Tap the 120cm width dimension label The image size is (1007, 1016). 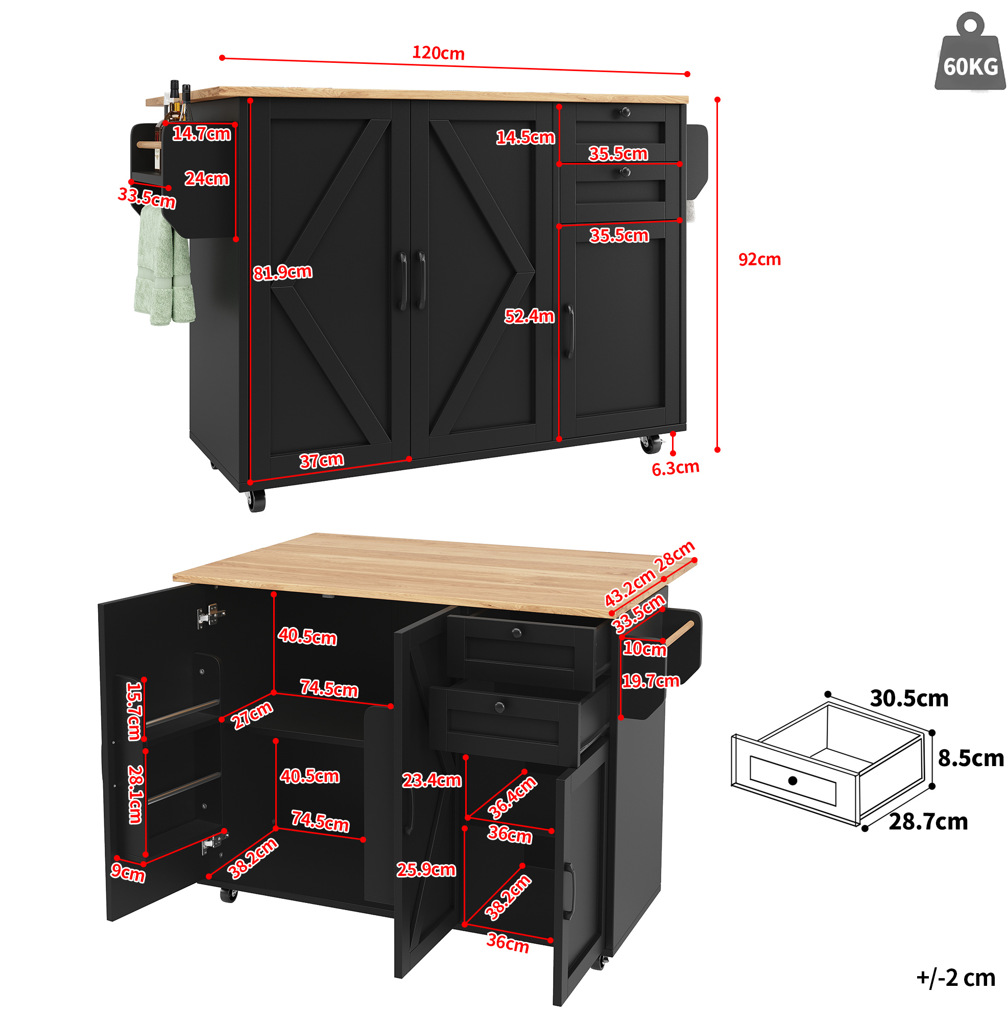(438, 53)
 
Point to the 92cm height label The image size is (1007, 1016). (759, 259)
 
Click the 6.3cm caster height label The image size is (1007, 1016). (676, 468)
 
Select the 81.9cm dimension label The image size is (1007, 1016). (282, 272)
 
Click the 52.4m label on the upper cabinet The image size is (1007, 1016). (529, 316)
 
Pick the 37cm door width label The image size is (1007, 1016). (322, 460)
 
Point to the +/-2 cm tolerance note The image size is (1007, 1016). (956, 978)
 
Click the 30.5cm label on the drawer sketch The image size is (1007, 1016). (909, 698)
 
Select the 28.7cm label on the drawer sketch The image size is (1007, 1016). (928, 821)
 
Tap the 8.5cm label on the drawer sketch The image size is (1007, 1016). (971, 758)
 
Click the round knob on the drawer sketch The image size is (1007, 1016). (793, 780)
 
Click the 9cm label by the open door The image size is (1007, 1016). (128, 872)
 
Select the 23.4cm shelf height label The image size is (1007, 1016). (431, 780)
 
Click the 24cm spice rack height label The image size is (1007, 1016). (206, 179)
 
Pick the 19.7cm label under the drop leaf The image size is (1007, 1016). (650, 681)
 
